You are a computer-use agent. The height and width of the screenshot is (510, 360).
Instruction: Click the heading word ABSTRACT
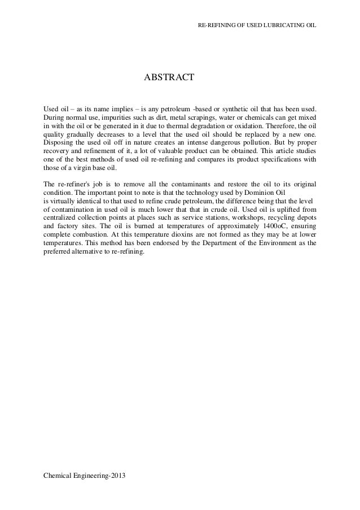tap(169, 76)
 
